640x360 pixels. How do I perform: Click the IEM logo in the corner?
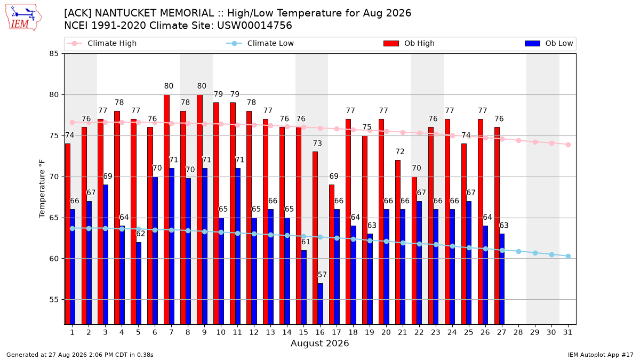pos(23,18)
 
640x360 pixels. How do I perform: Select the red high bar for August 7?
pos(166,210)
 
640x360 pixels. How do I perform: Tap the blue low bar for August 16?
pos(321,303)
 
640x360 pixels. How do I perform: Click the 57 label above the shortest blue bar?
pos(322,275)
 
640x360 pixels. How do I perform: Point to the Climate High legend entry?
pos(101,43)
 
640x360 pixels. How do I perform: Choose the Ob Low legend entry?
pos(549,43)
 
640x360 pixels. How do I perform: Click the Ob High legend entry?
pos(409,43)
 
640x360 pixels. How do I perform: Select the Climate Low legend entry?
pos(260,43)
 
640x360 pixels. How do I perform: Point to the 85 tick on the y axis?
pos(54,54)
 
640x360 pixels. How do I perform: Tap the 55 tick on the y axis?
pos(54,300)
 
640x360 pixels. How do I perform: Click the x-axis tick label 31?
pos(567,333)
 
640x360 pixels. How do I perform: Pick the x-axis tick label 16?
pos(320,333)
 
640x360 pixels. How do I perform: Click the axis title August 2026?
pos(319,343)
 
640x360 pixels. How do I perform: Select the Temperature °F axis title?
pos(42,189)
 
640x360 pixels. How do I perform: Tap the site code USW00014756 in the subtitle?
pos(254,26)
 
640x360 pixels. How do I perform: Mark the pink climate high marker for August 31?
pos(569,145)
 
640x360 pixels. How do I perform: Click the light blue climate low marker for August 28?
pos(518,251)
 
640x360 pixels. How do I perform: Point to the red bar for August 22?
pos(414,251)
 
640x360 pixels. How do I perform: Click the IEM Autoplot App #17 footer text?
pos(601,355)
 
